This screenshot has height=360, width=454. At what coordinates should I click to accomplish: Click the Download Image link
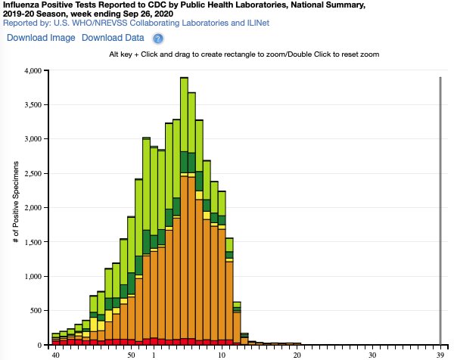point(41,37)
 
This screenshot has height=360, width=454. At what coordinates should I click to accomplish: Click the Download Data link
point(113,37)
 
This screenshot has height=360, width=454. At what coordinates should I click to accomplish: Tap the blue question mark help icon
point(158,38)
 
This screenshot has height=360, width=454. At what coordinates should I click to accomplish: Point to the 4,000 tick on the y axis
point(34,71)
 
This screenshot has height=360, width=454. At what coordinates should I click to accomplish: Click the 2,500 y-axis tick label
point(34,173)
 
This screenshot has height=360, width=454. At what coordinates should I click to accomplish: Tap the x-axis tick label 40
point(55,354)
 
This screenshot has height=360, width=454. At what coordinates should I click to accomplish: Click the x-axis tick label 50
point(132,354)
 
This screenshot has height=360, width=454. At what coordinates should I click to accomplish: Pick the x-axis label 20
point(297,354)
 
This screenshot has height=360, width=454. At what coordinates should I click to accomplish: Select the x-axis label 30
point(372,354)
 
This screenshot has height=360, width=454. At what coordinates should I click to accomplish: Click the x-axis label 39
point(440,354)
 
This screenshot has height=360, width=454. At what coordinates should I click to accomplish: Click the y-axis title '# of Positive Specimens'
point(14,208)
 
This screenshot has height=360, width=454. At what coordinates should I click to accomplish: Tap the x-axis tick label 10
point(222,354)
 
